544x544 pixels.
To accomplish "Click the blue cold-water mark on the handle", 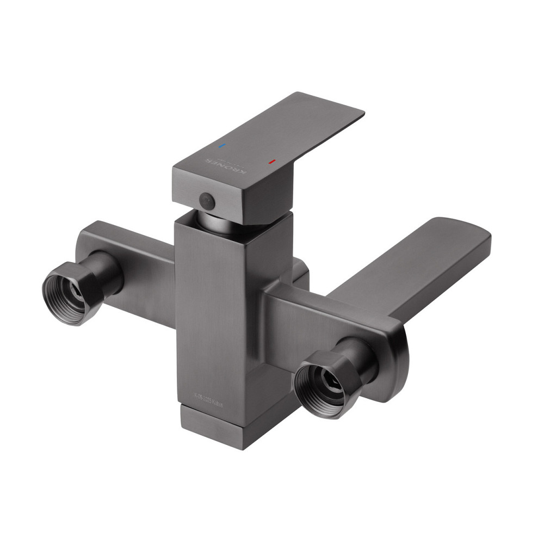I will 220,146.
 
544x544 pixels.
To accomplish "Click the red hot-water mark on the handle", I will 271,162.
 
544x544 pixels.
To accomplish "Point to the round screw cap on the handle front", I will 207,200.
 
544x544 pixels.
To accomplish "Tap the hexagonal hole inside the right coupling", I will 330,384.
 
